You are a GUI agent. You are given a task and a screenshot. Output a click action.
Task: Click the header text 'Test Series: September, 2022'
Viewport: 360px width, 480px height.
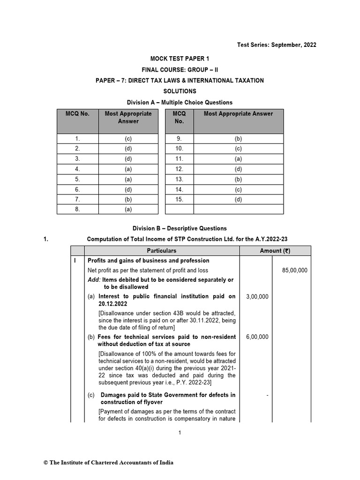pyautogui.click(x=278, y=45)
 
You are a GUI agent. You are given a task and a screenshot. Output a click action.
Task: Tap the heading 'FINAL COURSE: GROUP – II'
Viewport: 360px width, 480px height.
pyautogui.click(x=180, y=69)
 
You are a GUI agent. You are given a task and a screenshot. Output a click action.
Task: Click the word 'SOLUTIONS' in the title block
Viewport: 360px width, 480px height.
pyautogui.click(x=180, y=91)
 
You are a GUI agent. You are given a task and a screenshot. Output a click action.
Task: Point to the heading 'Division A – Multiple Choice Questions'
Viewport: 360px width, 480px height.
pyautogui.click(x=180, y=102)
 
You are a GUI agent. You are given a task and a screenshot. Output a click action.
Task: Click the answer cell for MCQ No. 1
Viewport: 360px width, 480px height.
pyautogui.click(x=128, y=139)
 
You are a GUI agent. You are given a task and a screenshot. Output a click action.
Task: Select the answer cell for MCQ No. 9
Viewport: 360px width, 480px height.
pyautogui.click(x=238, y=139)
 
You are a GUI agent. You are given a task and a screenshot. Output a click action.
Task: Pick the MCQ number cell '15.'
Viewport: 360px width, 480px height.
pyautogui.click(x=179, y=199)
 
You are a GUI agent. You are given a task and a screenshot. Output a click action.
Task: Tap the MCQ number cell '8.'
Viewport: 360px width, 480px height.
pyautogui.click(x=78, y=210)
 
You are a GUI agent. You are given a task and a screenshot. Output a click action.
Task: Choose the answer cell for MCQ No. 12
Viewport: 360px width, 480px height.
pyautogui.click(x=238, y=169)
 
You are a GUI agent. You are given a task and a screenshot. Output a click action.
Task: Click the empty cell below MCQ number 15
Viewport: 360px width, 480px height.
pyautogui.click(x=179, y=210)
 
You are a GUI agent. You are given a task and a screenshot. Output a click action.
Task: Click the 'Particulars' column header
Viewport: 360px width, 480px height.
pyautogui.click(x=161, y=251)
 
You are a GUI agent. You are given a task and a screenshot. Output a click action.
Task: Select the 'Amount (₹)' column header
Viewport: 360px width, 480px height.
pyautogui.click(x=275, y=251)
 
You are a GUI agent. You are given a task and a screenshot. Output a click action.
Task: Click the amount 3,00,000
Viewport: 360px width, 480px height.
pyautogui.click(x=257, y=296)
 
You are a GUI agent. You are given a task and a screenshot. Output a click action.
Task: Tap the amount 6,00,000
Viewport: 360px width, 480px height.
pyautogui.click(x=257, y=337)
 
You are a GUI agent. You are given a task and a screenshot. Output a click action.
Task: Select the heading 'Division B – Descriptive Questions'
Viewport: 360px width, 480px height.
pyautogui.click(x=180, y=229)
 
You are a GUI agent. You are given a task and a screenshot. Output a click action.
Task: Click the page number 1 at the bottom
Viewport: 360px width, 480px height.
pyautogui.click(x=180, y=433)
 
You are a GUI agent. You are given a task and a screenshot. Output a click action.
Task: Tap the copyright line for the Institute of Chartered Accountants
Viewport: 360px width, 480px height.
pyautogui.click(x=108, y=463)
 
